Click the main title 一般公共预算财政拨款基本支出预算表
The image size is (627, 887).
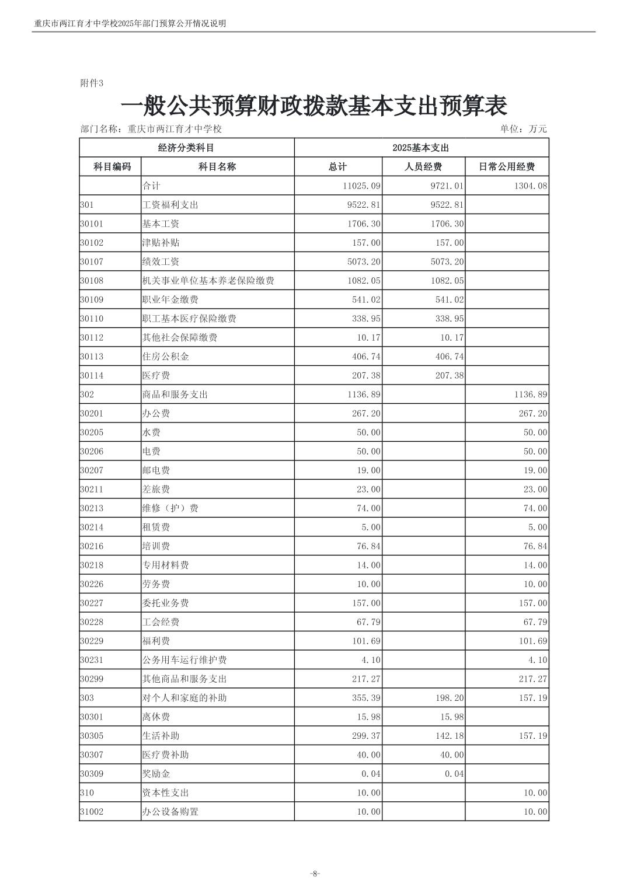[x=313, y=106]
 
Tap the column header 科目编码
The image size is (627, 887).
[x=112, y=167]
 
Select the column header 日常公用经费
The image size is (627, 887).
[x=506, y=167]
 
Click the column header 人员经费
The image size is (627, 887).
[x=423, y=167]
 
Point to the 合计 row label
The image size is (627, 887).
[x=151, y=186]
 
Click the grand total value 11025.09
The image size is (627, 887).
[x=361, y=186]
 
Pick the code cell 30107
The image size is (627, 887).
[x=92, y=262]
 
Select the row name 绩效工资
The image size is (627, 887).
[x=161, y=262]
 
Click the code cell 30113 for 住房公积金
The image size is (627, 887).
[x=92, y=357]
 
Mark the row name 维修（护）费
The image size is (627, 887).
[x=170, y=508]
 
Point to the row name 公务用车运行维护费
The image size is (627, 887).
[x=184, y=660]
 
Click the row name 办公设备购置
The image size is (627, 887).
[x=170, y=812]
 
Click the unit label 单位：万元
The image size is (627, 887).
[x=523, y=129]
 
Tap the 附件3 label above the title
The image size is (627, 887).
[x=91, y=83]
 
